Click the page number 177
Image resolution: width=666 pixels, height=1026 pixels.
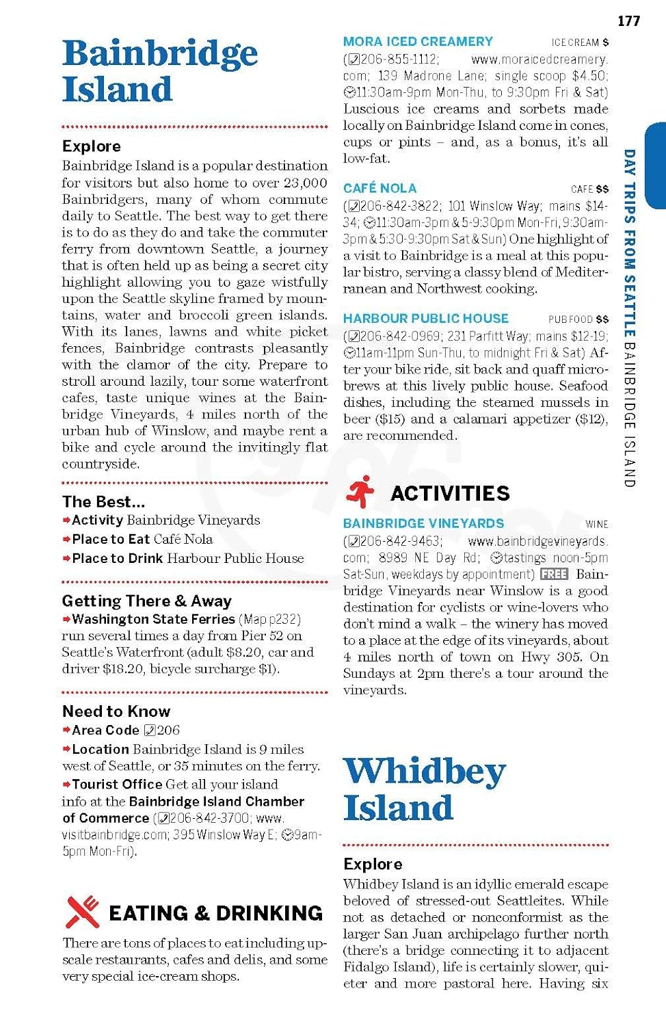click(x=628, y=21)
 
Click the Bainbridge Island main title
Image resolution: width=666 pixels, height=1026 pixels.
click(x=159, y=71)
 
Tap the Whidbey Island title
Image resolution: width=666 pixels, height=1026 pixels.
click(x=424, y=789)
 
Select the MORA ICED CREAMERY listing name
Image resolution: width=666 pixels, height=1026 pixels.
click(x=418, y=42)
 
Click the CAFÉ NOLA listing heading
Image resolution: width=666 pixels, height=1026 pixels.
click(x=379, y=188)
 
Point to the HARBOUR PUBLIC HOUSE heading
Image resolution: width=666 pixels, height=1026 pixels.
click(x=425, y=319)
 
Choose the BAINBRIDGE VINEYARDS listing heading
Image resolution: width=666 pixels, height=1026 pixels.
click(x=423, y=523)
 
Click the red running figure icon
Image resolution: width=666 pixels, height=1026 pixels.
click(x=360, y=492)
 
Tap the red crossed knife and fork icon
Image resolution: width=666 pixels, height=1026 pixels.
click(x=83, y=912)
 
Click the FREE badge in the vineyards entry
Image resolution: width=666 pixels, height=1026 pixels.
click(x=554, y=574)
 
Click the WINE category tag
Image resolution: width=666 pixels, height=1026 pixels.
click(x=596, y=525)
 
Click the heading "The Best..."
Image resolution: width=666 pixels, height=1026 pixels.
click(x=103, y=501)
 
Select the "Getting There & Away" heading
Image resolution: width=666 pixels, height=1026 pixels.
click(x=146, y=601)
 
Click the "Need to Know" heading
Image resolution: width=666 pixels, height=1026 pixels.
click(x=116, y=711)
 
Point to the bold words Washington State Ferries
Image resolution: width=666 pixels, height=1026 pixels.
click(x=153, y=619)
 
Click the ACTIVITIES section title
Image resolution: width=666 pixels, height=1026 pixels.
click(x=450, y=493)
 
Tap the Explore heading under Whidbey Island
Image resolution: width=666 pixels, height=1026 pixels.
click(x=373, y=864)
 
